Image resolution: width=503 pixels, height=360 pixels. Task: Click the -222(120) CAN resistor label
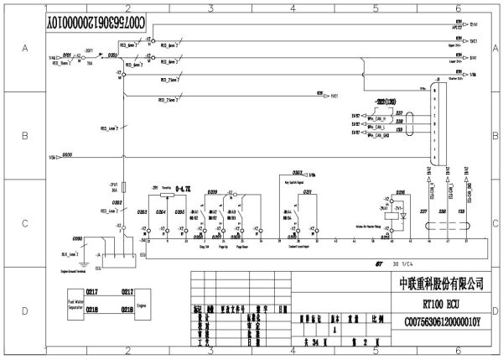click(387, 99)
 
